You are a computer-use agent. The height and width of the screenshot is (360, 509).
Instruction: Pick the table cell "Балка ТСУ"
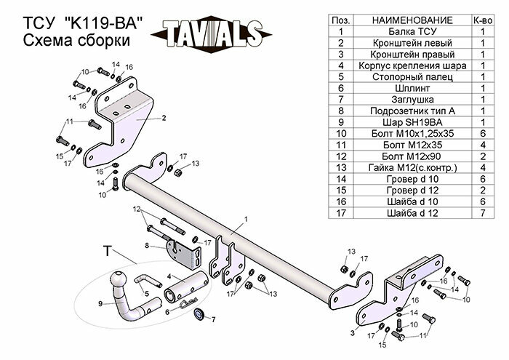point(401,31)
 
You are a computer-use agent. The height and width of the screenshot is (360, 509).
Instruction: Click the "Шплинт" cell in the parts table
point(401,87)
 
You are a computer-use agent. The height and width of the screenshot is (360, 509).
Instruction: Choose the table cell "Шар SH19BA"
point(401,121)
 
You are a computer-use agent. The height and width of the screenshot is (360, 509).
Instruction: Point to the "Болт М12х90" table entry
point(401,156)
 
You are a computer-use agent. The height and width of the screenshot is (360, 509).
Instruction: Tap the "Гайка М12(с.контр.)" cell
point(401,168)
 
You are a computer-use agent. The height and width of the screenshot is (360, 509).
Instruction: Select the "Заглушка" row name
point(401,98)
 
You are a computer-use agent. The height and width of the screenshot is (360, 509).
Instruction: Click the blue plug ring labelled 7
point(199,316)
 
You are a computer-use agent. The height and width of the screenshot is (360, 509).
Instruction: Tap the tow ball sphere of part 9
point(119,280)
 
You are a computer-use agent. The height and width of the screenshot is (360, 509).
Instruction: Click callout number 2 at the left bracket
point(164,117)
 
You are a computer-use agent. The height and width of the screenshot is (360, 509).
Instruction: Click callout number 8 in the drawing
point(147,246)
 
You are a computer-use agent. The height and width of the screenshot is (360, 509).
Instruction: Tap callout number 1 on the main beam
point(246,218)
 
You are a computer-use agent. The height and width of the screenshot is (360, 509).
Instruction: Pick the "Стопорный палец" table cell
point(401,75)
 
